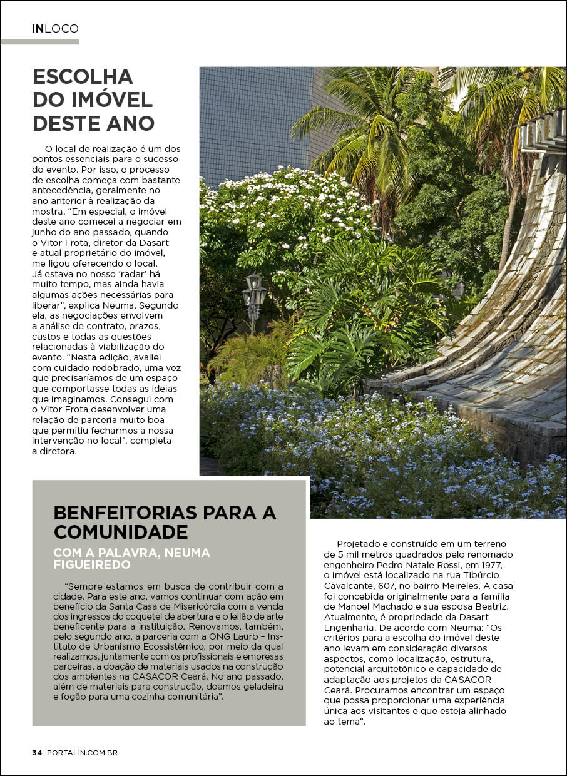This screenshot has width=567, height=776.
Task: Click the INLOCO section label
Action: tap(55, 29)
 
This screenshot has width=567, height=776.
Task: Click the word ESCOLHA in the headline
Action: tap(83, 76)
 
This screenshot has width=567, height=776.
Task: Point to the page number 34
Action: tap(37, 753)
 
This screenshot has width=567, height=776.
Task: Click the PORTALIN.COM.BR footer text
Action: tap(82, 753)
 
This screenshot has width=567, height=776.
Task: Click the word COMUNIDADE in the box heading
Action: tap(121, 532)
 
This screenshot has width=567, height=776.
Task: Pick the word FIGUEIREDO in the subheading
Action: tap(92, 564)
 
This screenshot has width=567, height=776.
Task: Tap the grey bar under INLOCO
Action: tap(39, 42)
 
